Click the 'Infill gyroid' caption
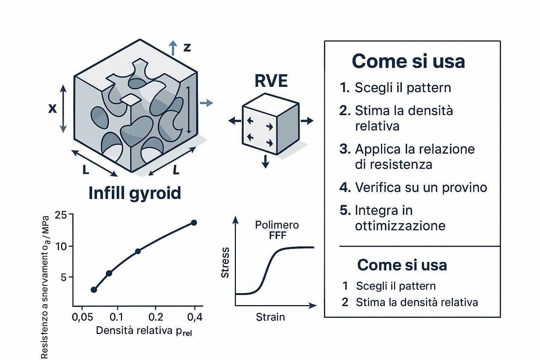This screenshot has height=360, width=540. click(135, 193)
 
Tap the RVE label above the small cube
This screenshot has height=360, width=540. click(271, 81)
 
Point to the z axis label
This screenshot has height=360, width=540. click(187, 47)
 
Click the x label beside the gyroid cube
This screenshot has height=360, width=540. click(52, 109)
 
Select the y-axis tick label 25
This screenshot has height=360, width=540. click(61, 214)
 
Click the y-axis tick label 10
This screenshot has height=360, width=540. click(61, 246)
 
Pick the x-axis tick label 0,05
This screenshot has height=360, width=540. click(83, 317)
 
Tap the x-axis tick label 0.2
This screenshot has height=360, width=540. click(156, 317)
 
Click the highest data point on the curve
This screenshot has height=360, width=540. click(194, 223)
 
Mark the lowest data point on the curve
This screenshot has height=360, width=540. click(94, 290)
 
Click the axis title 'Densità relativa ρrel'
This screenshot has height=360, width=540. click(144, 331)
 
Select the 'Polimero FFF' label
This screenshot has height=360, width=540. click(277, 230)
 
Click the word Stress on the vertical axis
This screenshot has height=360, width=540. click(225, 263)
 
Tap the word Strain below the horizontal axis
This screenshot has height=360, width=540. click(270, 317)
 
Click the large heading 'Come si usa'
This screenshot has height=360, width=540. click(409, 61)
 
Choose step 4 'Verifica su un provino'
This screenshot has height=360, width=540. click(413, 187)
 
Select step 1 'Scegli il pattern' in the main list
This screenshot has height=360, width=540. click(396, 88)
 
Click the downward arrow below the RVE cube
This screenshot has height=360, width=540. click(265, 162)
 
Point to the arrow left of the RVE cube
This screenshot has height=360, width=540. click(235, 121)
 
